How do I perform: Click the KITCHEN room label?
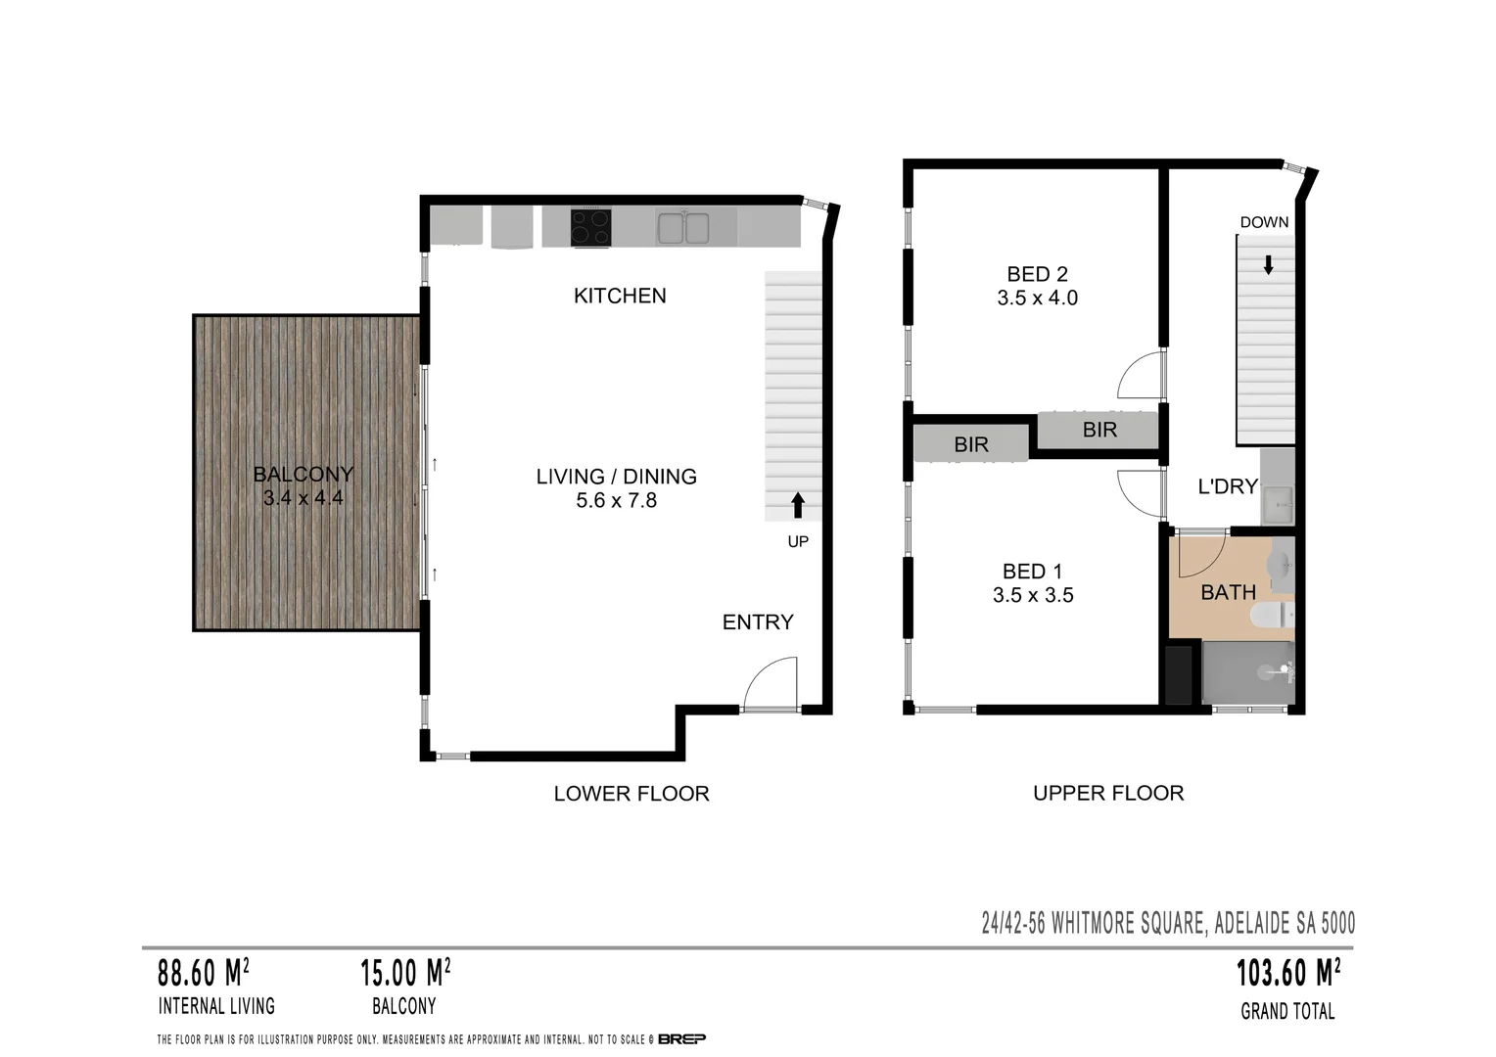click(x=620, y=296)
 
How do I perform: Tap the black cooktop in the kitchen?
click(x=591, y=228)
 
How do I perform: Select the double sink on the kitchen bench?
click(x=683, y=228)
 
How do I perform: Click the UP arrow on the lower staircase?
click(x=798, y=505)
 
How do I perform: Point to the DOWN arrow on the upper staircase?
click(x=1269, y=264)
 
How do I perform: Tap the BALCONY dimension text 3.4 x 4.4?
click(x=303, y=498)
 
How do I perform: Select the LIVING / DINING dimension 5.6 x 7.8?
click(x=616, y=501)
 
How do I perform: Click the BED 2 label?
click(x=1037, y=274)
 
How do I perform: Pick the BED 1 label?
click(x=1032, y=572)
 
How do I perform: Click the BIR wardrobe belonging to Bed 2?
click(x=1099, y=430)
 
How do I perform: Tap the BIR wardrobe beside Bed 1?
click(x=971, y=444)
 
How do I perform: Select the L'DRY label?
click(x=1228, y=486)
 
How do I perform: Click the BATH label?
click(x=1228, y=592)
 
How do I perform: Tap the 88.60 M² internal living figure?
click(x=203, y=974)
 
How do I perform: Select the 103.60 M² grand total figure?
click(x=1287, y=974)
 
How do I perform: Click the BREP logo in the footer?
click(x=681, y=1039)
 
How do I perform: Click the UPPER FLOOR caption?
click(x=1108, y=793)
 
